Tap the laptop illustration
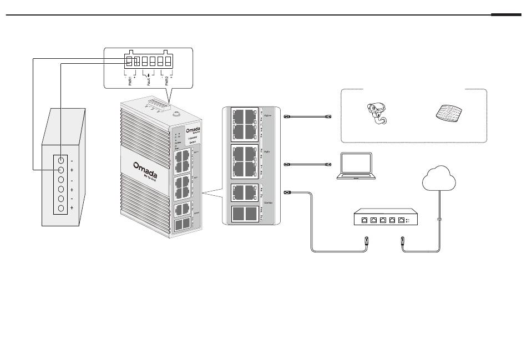pos(356,166)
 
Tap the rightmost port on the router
pos(400,221)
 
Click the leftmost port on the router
pos(363,221)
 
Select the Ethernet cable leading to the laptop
pos(308,165)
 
